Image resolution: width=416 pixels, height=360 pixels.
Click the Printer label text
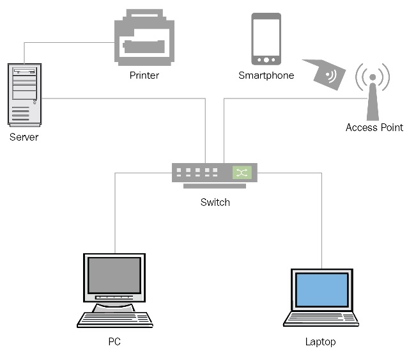(x=144, y=75)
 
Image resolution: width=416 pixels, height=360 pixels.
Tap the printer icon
(x=144, y=39)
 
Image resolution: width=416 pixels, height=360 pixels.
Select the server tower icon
(x=24, y=94)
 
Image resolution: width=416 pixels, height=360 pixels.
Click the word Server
(x=24, y=137)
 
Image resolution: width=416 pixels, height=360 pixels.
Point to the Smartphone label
(x=266, y=75)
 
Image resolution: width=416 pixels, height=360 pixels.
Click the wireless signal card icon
(x=328, y=76)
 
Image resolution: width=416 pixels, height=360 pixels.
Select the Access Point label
(x=374, y=127)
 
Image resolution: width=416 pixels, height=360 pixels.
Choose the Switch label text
(x=215, y=202)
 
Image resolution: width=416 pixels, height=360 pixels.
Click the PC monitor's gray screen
(x=114, y=276)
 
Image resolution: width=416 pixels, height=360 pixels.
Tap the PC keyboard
(x=115, y=319)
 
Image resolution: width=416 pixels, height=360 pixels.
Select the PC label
(x=114, y=341)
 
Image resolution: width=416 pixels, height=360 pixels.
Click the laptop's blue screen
(x=321, y=289)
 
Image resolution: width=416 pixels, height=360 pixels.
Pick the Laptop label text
(x=320, y=341)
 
